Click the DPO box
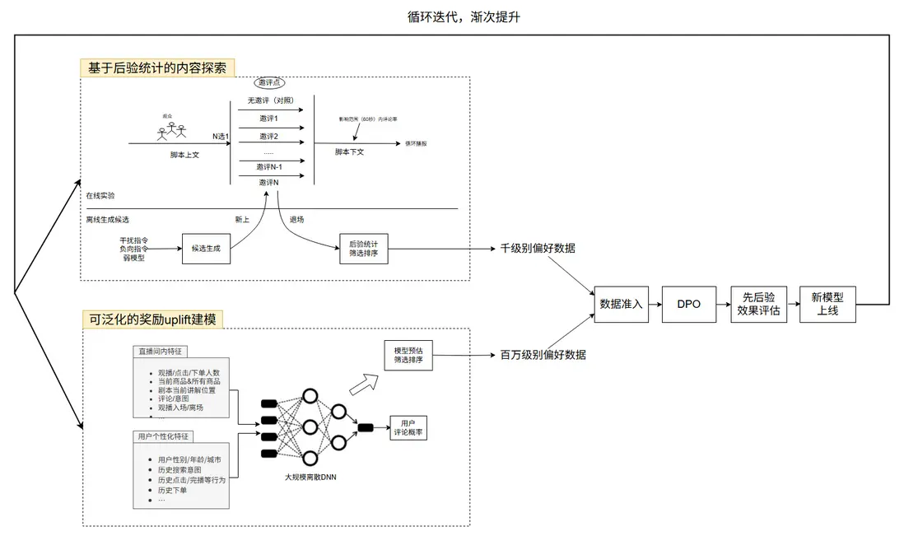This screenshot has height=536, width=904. [688, 304]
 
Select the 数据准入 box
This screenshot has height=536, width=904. [622, 304]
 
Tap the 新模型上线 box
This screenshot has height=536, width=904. [827, 304]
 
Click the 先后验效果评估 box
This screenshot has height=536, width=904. [758, 304]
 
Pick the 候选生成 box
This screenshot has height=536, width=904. [207, 247]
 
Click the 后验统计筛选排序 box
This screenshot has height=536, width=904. [363, 247]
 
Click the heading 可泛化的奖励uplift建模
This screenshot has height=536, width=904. [151, 319]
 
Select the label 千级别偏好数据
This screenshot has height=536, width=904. [538, 248]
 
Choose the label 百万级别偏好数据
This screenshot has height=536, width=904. [543, 355]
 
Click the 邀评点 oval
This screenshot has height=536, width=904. [269, 84]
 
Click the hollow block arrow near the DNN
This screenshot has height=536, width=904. [362, 380]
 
